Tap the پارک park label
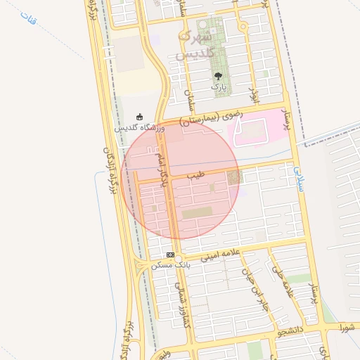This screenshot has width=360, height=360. click(x=218, y=86)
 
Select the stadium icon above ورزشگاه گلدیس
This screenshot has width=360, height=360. click(x=139, y=117)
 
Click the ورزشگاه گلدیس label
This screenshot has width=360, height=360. click(x=139, y=128)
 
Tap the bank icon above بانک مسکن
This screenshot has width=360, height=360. click(x=170, y=254)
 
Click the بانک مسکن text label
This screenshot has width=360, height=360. click(x=170, y=265)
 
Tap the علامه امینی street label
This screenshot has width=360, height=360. click(x=221, y=257)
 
